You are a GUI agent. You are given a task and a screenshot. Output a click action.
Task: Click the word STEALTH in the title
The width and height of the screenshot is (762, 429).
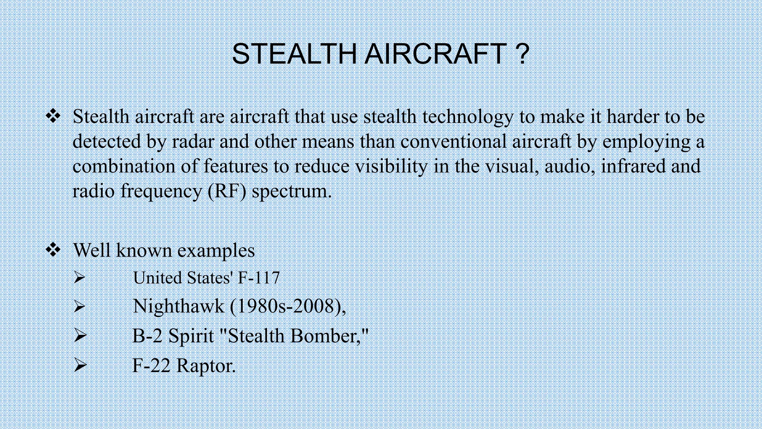294,54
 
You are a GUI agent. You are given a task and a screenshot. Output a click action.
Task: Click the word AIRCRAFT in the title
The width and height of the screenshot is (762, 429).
435,54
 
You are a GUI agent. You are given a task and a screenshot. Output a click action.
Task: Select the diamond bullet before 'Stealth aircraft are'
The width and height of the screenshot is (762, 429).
53,117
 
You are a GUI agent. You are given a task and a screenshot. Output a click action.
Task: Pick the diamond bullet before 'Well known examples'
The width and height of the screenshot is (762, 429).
53,250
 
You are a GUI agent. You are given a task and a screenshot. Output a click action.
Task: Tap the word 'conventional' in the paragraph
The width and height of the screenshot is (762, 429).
453,142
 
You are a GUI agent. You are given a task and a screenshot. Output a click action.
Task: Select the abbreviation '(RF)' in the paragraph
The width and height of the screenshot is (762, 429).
227,191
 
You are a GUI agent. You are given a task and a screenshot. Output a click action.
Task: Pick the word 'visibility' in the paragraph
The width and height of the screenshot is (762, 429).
391,166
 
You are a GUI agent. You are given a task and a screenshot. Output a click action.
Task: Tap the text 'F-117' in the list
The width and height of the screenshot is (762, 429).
259,278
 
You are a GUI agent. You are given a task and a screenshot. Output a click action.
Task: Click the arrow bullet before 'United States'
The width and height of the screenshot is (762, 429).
79,277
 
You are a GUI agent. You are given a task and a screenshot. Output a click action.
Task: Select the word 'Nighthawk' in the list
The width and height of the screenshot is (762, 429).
179,306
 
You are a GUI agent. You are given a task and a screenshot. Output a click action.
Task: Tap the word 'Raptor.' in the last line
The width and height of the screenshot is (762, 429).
206,366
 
